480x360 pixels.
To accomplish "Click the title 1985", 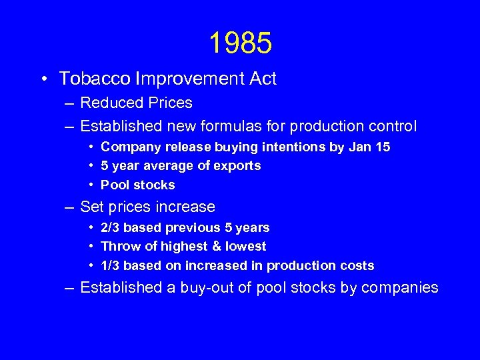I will [x=240, y=43].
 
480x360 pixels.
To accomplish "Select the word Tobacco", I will [x=95, y=79].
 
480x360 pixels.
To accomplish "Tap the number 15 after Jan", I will [x=382, y=147].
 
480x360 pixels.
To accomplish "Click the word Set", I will [x=91, y=207].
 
